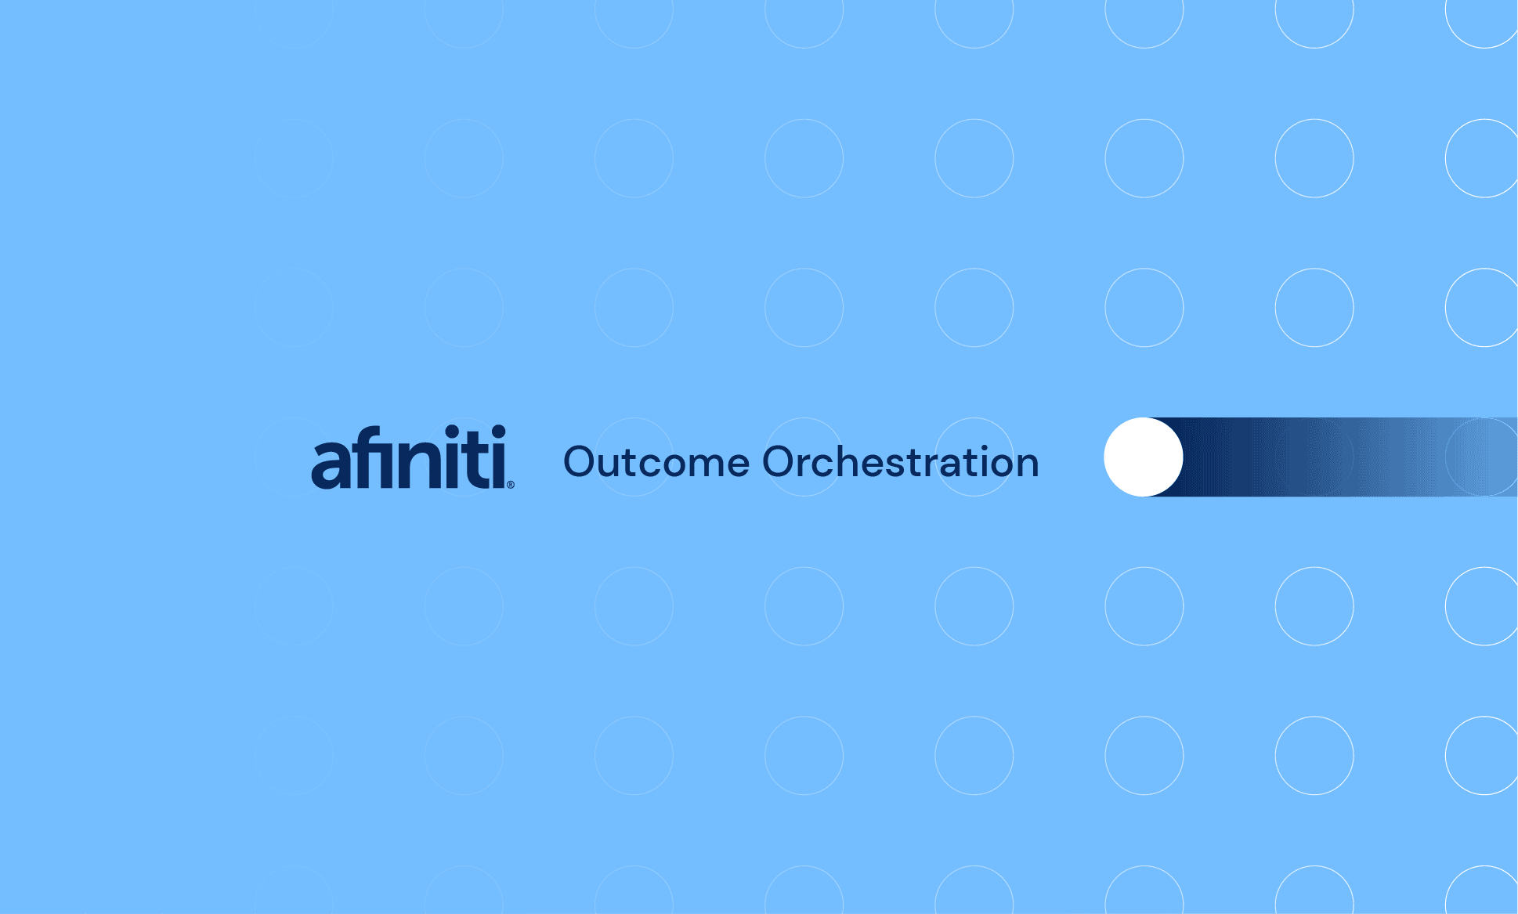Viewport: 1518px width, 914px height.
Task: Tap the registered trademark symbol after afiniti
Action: click(x=511, y=485)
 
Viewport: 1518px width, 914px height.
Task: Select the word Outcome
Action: click(x=656, y=462)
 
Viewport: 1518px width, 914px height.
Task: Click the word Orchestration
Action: click(x=901, y=462)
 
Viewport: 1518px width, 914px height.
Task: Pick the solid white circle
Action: click(x=1144, y=457)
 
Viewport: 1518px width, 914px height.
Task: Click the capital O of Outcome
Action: click(x=582, y=462)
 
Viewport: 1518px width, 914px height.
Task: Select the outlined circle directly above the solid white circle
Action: click(x=1144, y=308)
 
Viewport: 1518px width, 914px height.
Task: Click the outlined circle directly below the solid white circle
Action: click(x=1144, y=606)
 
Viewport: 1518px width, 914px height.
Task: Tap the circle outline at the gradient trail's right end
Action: click(x=1483, y=457)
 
